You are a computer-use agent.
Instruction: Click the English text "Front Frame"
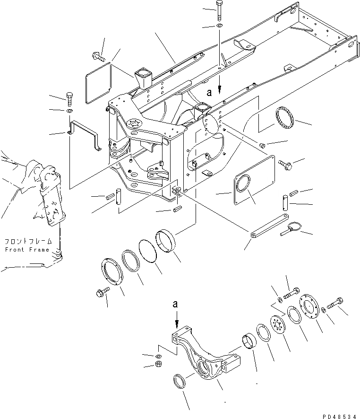click(x=27, y=249)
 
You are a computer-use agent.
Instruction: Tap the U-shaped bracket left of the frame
click(x=85, y=134)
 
